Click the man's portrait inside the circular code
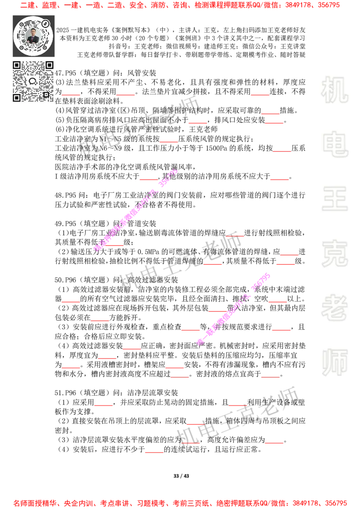click(x=33, y=36)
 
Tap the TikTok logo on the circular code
click(x=45, y=23)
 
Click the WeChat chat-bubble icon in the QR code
click(x=33, y=81)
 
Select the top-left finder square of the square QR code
click(x=17, y=66)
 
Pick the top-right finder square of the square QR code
click(x=49, y=66)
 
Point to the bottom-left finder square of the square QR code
click(x=17, y=98)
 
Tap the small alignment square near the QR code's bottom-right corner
click(x=45, y=94)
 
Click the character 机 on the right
click(x=334, y=90)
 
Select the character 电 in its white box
click(x=336, y=144)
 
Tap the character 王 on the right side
click(x=334, y=200)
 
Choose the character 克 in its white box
click(x=334, y=254)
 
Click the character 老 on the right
click(x=334, y=308)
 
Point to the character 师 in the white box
click(x=334, y=363)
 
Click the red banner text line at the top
click(x=180, y=5)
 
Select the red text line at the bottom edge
click(x=180, y=503)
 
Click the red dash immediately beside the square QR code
click(x=71, y=95)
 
